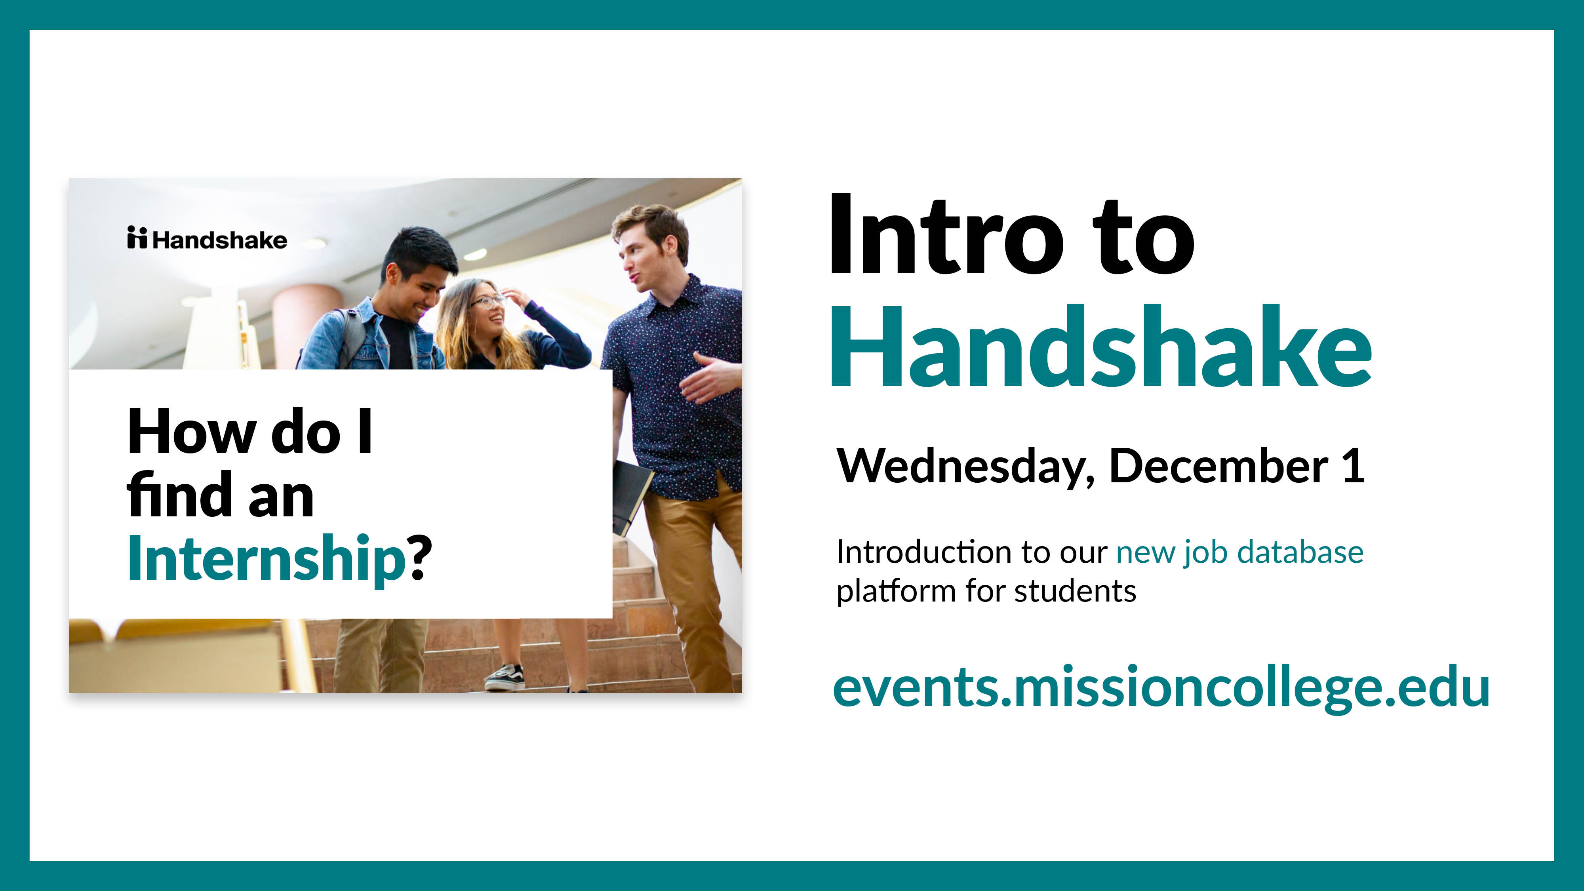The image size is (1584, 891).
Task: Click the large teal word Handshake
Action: coord(1101,347)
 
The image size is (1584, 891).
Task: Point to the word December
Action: coord(1218,465)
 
